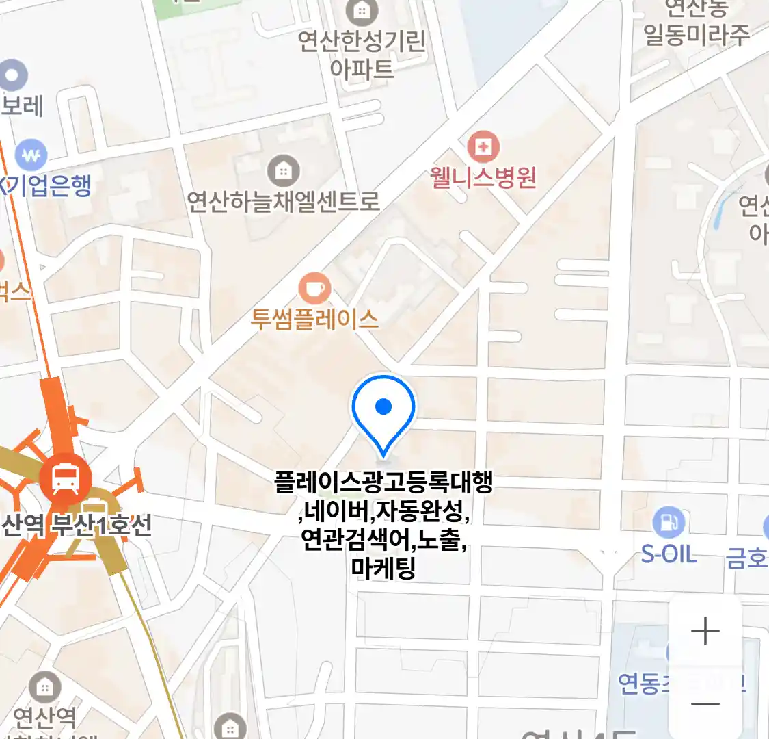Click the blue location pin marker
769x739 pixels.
click(383, 409)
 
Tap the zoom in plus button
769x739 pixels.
click(705, 631)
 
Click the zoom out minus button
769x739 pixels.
click(705, 704)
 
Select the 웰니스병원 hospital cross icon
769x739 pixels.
click(483, 146)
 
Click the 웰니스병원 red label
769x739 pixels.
click(483, 178)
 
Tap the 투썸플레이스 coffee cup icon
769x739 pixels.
click(314, 288)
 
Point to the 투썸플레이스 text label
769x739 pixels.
click(314, 319)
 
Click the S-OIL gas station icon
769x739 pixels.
click(669, 523)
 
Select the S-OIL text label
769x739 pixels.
click(669, 554)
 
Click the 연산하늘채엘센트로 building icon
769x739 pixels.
click(283, 170)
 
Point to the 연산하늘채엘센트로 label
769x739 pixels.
click(283, 201)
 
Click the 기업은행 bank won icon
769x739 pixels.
click(31, 155)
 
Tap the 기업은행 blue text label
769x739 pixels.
click(48, 185)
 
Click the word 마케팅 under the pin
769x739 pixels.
click(383, 568)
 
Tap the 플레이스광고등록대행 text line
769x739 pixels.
click(383, 482)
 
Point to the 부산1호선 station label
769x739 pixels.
click(103, 526)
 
